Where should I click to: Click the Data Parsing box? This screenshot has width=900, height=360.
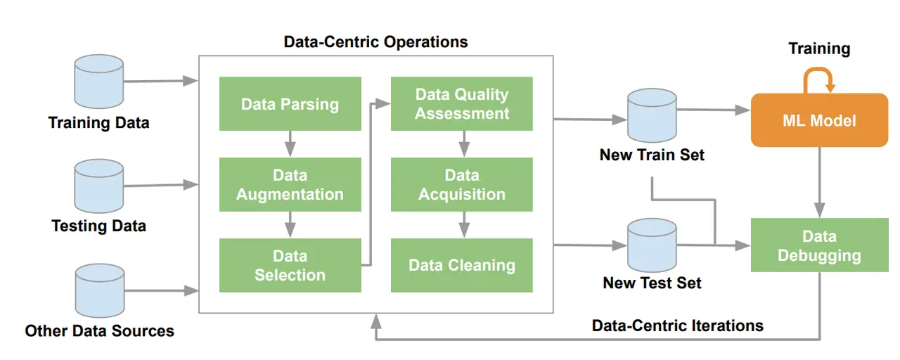click(290, 104)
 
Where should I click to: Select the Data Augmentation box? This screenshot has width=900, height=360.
click(290, 184)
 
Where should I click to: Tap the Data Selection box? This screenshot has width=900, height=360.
click(290, 265)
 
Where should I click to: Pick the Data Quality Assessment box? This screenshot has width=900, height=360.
click(461, 104)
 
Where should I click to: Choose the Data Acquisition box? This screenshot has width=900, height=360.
click(461, 184)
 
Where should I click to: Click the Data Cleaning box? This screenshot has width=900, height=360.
click(461, 265)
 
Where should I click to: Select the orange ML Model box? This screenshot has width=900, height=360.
click(819, 120)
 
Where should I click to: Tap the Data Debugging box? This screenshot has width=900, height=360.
click(819, 245)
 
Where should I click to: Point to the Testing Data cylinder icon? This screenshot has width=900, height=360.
click(99, 186)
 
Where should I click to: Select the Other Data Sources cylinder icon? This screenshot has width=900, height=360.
click(99, 290)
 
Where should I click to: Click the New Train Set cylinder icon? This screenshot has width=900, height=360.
click(652, 116)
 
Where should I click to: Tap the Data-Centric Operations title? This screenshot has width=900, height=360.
click(375, 42)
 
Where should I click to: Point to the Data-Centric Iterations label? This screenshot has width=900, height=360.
click(677, 326)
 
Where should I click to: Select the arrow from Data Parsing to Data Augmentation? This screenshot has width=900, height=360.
click(290, 144)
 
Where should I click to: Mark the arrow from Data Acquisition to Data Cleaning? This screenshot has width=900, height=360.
click(463, 224)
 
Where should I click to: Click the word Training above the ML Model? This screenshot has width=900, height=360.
click(819, 49)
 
